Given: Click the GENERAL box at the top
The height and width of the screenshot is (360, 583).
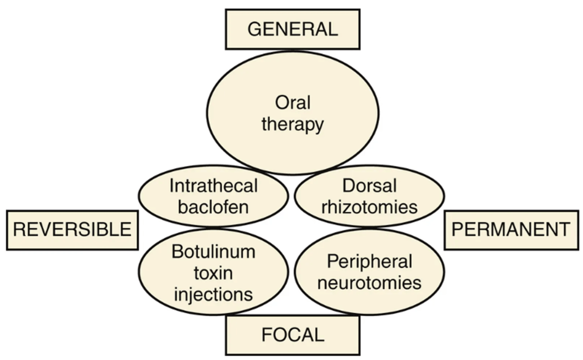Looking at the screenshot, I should pyautogui.click(x=292, y=29).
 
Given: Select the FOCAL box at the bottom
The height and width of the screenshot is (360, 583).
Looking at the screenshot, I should pyautogui.click(x=292, y=335).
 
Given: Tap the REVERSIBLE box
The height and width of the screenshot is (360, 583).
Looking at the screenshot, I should pyautogui.click(x=72, y=230).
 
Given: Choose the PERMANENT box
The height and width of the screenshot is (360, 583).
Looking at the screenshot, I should pyautogui.click(x=511, y=230).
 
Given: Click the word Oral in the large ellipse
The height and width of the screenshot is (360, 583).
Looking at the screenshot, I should pyautogui.click(x=293, y=103).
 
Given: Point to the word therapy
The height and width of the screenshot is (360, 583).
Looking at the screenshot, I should pyautogui.click(x=293, y=125).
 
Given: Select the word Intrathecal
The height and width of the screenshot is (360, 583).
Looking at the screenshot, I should pyautogui.click(x=213, y=186).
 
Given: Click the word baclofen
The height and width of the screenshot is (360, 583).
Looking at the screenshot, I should pyautogui.click(x=213, y=207).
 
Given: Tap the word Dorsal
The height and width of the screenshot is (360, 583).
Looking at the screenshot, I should pyautogui.click(x=369, y=186).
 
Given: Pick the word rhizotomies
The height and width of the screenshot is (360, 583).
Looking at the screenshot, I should pyautogui.click(x=369, y=207).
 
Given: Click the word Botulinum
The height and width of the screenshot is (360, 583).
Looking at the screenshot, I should pyautogui.click(x=213, y=252).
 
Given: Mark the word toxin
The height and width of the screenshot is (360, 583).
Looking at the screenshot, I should pyautogui.click(x=213, y=273).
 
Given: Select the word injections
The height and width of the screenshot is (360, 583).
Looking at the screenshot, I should pyautogui.click(x=213, y=294).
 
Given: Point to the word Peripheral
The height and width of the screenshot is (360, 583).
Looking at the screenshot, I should pyautogui.click(x=369, y=262).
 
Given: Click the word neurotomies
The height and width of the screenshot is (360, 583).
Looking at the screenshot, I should pyautogui.click(x=369, y=283).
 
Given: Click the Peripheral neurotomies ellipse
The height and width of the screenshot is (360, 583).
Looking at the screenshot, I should pyautogui.click(x=369, y=300).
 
